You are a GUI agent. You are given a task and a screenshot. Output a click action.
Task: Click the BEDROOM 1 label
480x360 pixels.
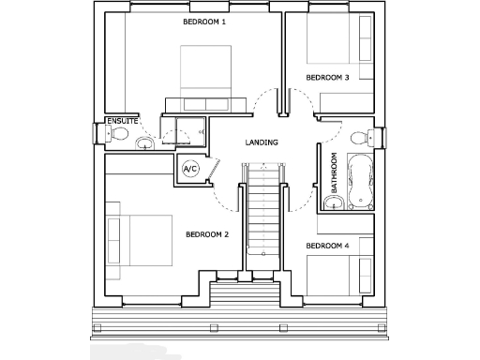tap(203, 22)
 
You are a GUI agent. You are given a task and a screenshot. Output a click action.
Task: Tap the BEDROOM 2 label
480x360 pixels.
tap(207, 234)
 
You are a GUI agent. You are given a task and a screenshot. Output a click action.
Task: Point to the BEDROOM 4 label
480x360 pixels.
tap(327, 246)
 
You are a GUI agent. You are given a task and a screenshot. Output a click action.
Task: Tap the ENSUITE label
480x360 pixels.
tap(122, 122)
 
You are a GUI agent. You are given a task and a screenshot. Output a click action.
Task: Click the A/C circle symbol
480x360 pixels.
tap(190, 169)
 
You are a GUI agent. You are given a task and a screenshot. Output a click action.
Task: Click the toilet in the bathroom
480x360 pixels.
tap(360, 138)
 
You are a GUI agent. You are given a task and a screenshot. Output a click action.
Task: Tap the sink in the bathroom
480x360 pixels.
tap(334, 202)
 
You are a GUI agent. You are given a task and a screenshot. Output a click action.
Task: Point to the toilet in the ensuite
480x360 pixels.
tap(117, 135)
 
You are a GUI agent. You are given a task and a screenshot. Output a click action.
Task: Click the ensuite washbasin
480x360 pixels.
tap(144, 143)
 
